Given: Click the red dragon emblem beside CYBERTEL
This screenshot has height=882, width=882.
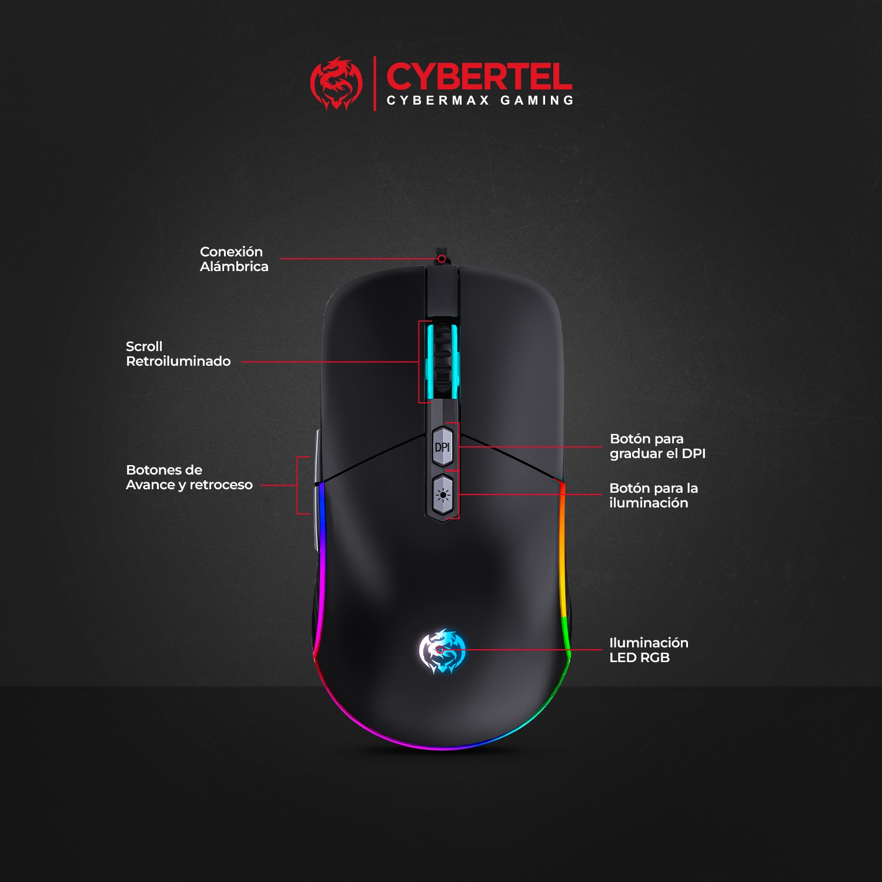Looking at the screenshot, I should coord(336,83).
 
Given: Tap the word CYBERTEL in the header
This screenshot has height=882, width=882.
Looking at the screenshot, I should coord(479,77).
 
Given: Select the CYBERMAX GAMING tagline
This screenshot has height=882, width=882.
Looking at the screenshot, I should coord(480,101).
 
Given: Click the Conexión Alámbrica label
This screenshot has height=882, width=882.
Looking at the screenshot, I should coord(234,259).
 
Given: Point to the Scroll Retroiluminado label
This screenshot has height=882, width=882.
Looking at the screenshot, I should coord(178,354).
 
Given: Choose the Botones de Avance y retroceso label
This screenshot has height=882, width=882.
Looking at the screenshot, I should coord(189,477).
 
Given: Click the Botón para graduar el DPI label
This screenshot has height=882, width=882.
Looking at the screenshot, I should coord(657,446).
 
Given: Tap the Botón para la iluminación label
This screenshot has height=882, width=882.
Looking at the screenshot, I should coord(653,496).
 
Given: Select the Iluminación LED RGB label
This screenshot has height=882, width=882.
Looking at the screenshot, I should coord(649,650).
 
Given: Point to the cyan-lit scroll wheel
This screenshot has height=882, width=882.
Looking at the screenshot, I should coord(443,360).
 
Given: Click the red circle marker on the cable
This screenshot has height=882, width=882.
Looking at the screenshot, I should coord(442,259).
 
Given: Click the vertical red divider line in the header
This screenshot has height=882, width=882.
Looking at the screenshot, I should coord(375,83).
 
